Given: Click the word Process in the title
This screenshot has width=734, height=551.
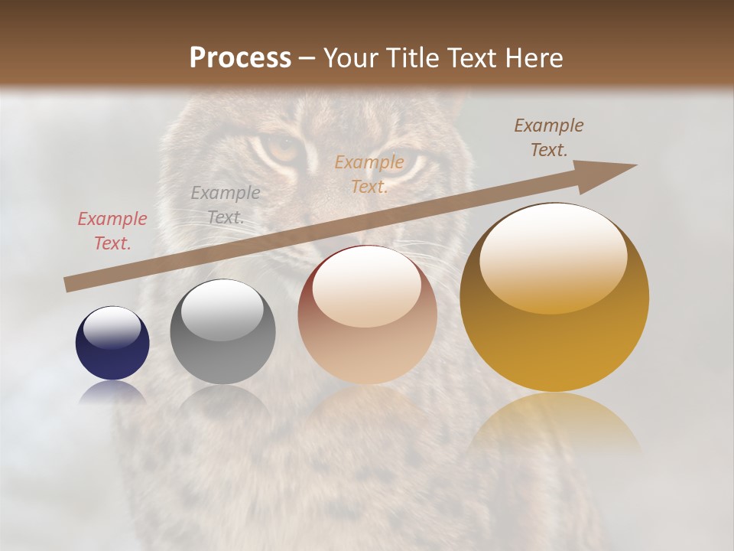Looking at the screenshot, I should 240,58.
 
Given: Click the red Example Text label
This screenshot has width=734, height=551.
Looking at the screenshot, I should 112,231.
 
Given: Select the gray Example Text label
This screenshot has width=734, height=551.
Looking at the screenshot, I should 226,205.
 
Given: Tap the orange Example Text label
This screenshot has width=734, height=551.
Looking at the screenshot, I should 369,174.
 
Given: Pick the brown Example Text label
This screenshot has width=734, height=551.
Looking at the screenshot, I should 549,138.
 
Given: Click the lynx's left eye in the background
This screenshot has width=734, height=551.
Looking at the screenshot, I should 282,147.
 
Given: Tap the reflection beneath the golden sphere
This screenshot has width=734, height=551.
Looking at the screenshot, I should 554,421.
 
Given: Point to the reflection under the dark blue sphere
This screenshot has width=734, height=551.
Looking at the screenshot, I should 112,392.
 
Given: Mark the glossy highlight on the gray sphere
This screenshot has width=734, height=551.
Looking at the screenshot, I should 222,310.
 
